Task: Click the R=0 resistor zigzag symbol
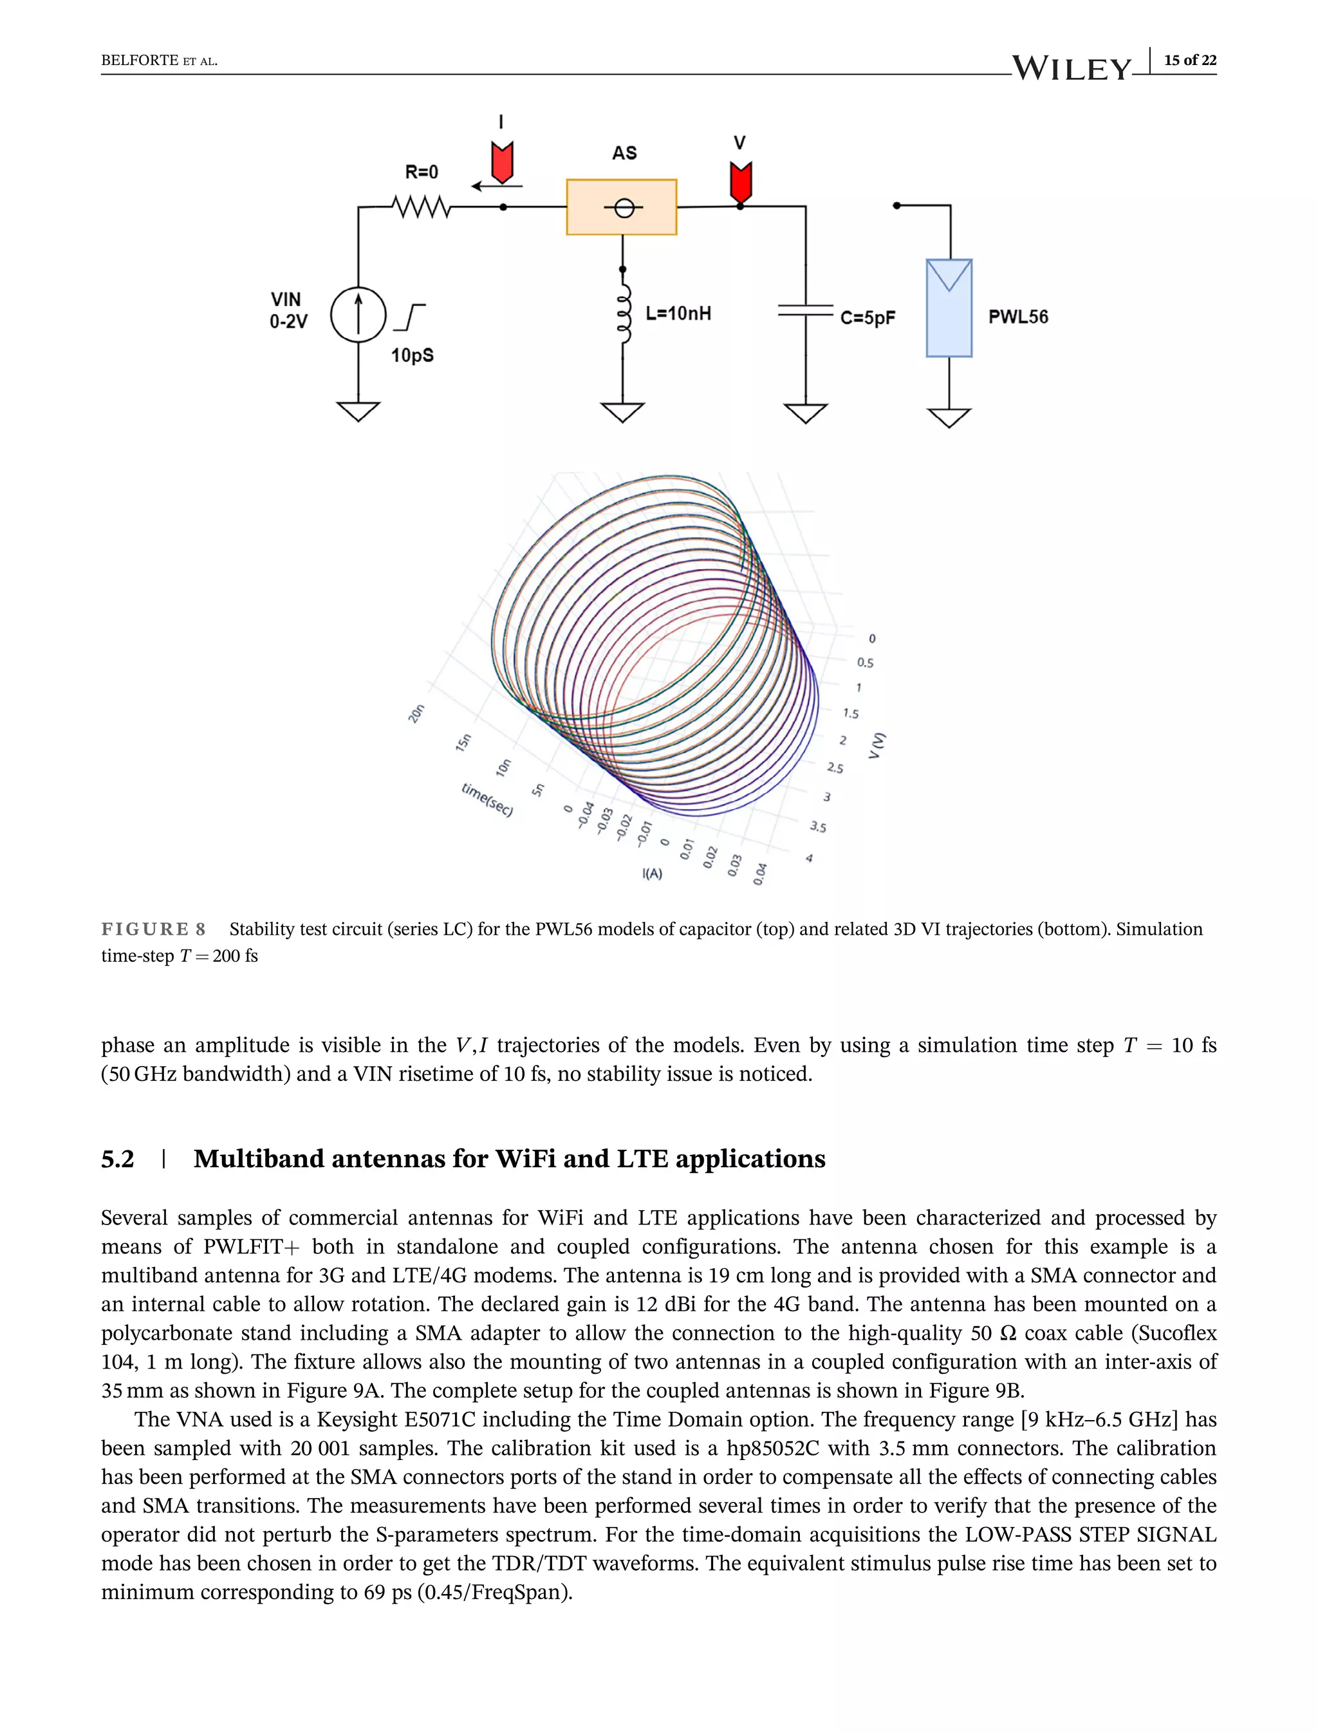click(422, 207)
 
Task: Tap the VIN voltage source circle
click(358, 315)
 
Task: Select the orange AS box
click(621, 207)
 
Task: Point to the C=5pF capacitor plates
click(806, 311)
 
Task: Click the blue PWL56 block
click(949, 308)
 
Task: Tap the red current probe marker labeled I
click(502, 162)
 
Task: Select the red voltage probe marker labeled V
click(741, 182)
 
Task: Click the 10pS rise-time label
click(413, 355)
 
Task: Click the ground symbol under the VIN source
click(358, 411)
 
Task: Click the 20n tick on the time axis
click(416, 713)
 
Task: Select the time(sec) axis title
click(487, 800)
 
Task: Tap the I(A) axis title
click(652, 874)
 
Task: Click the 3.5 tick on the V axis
click(818, 827)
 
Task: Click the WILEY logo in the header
click(1072, 68)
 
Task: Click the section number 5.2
click(118, 1159)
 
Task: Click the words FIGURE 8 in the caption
click(154, 930)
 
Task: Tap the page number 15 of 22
click(1190, 61)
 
